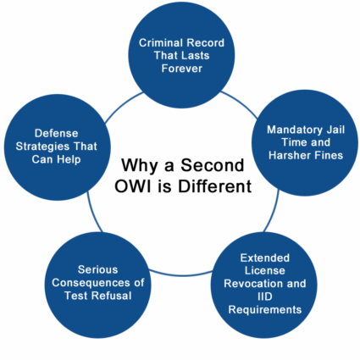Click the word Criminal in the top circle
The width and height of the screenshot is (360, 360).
pos(161,43)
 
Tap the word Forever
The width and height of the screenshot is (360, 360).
pos(182,69)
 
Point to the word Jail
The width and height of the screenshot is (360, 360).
pos(335,130)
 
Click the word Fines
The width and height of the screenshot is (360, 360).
pos(330,155)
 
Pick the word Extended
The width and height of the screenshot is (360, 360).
pos(265,258)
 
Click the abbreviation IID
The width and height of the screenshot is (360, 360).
pos(265,296)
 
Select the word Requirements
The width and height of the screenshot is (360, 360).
pos(265,310)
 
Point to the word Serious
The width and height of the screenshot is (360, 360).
pos(97,269)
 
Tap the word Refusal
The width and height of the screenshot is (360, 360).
pos(111,296)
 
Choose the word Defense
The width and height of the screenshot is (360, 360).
pos(56,133)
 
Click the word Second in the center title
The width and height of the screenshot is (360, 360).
pos(212,165)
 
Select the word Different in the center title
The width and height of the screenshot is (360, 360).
pos(214,186)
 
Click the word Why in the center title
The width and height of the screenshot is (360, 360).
pos(140,166)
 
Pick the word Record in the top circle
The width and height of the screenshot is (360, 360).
pos(206,43)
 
